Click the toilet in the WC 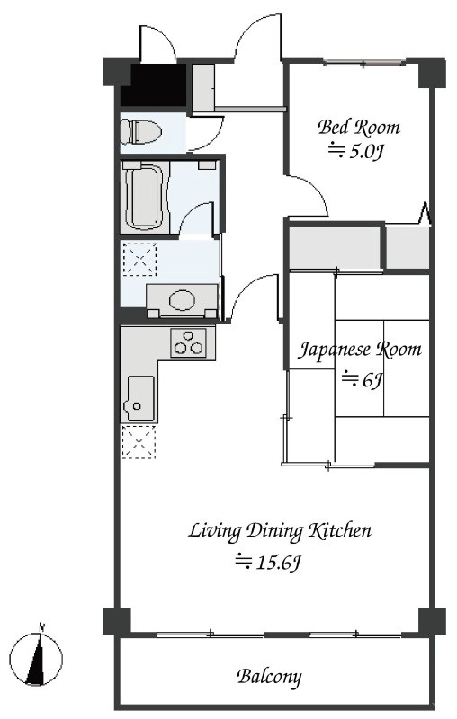pos(140,130)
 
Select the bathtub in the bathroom pos(144,197)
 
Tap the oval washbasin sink pos(182,301)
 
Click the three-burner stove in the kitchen pos(189,343)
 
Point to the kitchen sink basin pos(140,398)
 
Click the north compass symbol pos(36,660)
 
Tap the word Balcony pos(269,677)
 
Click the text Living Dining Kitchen pos(280,531)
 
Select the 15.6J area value pos(268,563)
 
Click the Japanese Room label pos(360,350)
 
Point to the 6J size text pos(363,379)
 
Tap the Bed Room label pos(359,127)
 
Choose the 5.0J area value pos(356,151)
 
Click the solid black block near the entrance pos(154,84)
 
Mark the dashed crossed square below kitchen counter pos(139,441)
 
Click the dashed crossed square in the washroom pos(139,260)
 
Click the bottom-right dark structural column pos(432,621)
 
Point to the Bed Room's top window pos(364,61)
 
